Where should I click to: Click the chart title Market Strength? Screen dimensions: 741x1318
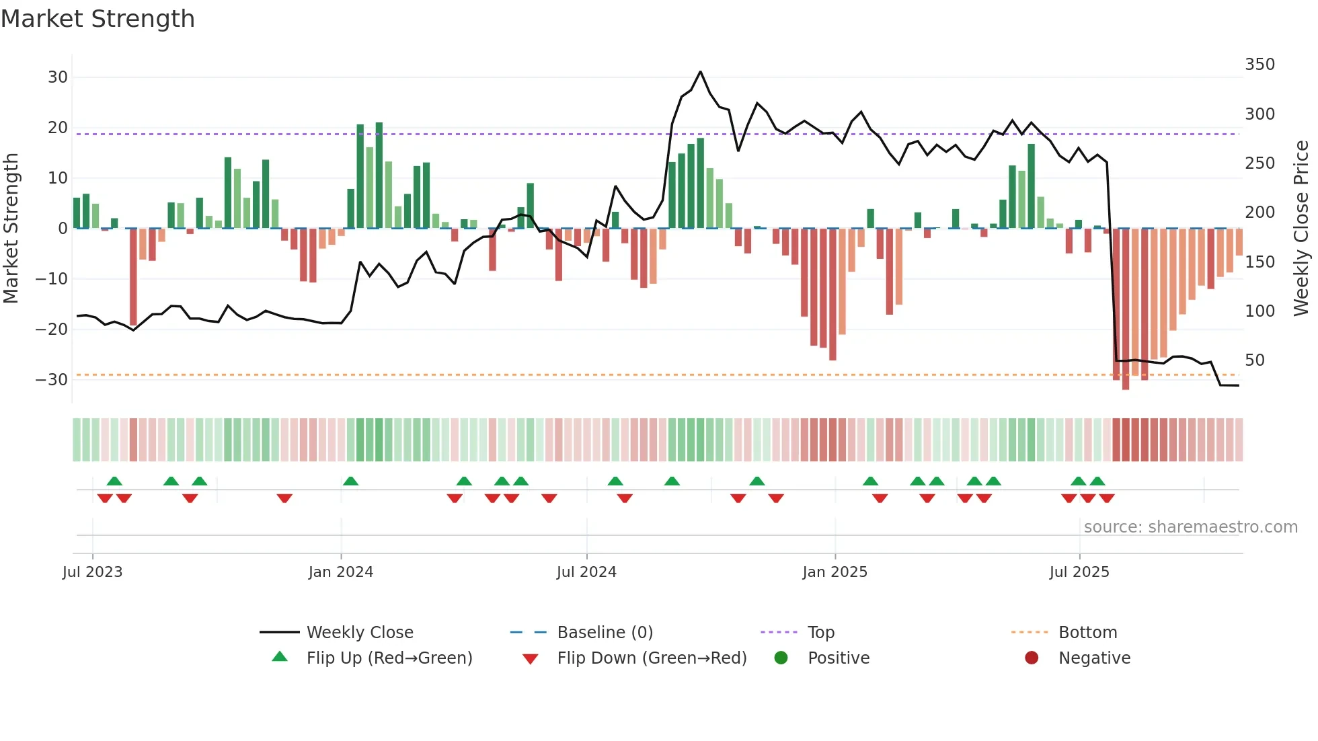point(98,19)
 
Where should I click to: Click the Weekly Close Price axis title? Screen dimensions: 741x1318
point(1301,228)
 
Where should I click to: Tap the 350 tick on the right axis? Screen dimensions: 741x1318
point(1259,65)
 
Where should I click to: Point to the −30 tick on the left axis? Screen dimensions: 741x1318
point(52,380)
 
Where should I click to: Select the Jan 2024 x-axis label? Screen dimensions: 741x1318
point(340,572)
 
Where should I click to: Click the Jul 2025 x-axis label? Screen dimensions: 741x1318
point(1079,572)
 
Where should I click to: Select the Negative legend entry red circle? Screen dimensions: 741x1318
point(1031,658)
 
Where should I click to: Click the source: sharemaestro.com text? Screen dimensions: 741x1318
point(1190,527)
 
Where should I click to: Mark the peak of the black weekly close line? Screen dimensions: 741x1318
point(700,72)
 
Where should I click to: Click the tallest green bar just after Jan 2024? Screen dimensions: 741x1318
point(379,175)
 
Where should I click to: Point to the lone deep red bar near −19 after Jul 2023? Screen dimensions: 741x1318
point(133,277)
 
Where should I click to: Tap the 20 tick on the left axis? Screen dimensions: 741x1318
point(57,128)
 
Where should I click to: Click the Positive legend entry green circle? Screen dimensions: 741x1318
point(781,658)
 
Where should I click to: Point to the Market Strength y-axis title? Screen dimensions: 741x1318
point(11,228)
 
